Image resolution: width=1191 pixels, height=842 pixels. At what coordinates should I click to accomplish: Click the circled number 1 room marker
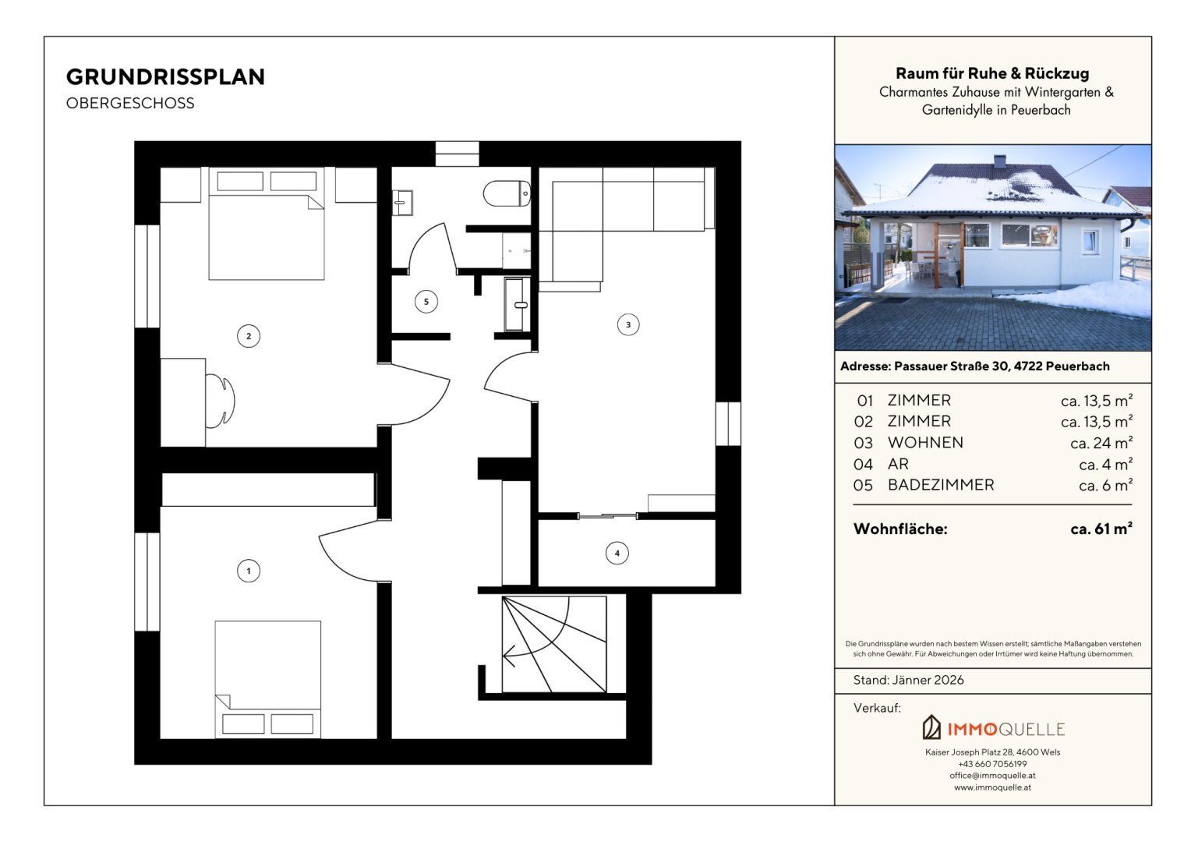pos(249,571)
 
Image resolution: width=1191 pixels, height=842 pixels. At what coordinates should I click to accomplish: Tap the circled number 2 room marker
pos(249,336)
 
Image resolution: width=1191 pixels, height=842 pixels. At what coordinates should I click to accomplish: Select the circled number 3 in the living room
pos(628,324)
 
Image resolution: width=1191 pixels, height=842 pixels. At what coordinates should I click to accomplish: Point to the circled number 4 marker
pos(617,554)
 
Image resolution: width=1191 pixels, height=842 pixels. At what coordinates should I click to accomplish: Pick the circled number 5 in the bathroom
pos(426,302)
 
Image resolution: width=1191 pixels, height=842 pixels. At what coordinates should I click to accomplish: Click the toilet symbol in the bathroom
pos(507,193)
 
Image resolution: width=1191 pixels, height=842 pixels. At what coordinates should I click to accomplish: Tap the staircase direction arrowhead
pos(508,656)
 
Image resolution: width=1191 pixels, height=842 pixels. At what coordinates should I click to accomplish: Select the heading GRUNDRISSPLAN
pos(165,77)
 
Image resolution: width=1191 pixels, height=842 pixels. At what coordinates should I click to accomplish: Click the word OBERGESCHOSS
pos(130,103)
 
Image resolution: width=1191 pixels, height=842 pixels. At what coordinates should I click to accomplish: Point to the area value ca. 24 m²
pos(1101,443)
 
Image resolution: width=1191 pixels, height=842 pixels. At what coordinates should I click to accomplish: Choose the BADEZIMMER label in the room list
pos(941,485)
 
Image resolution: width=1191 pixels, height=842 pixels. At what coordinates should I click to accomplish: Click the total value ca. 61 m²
pos(1101,529)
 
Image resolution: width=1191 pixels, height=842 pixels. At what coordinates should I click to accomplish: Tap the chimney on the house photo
pos(999,161)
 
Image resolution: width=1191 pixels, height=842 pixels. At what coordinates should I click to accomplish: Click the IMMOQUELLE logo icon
pos(931,727)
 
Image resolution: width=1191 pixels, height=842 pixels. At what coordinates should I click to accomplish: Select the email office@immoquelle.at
pos(992,776)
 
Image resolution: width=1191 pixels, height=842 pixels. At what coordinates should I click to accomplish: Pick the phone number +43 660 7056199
pos(992,764)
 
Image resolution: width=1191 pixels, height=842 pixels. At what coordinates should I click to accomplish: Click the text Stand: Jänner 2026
pos(908,681)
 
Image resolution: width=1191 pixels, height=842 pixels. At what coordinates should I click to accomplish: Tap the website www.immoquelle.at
pos(992,787)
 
